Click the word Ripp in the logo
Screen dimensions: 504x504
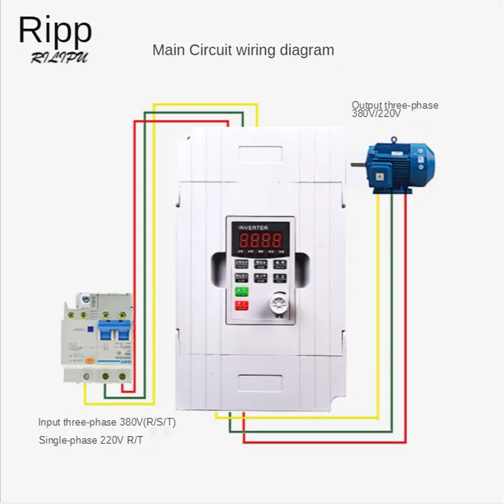[x=55, y=30]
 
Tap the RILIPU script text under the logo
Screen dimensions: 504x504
[x=59, y=58]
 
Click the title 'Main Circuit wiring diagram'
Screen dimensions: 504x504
[x=243, y=50]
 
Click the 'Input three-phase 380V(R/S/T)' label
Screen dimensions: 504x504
[x=107, y=422]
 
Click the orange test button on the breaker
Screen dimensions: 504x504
[x=90, y=360]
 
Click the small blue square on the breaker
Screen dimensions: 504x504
[x=90, y=328]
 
